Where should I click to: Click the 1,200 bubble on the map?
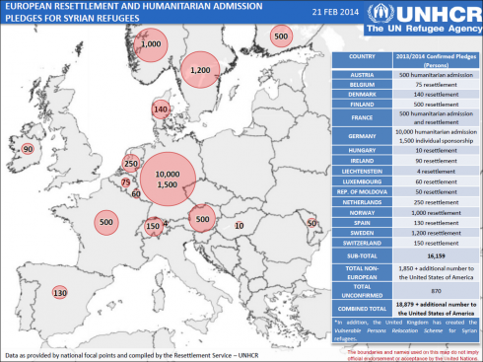pyautogui.click(x=200, y=70)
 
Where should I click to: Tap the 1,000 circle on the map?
pyautogui.click(x=151, y=45)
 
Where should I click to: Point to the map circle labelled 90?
pyautogui.click(x=27, y=149)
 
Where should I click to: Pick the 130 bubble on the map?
pyautogui.click(x=59, y=293)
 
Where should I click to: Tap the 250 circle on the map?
pyautogui.click(x=130, y=164)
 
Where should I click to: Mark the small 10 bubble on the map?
pyautogui.click(x=239, y=226)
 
